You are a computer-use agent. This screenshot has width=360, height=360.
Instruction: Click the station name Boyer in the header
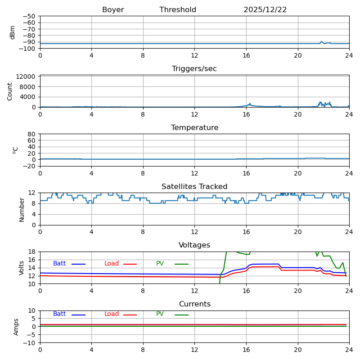pyautogui.click(x=113, y=10)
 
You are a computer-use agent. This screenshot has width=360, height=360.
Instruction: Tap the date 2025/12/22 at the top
pyautogui.click(x=265, y=10)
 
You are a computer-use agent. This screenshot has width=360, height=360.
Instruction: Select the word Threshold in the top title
pyautogui.click(x=178, y=10)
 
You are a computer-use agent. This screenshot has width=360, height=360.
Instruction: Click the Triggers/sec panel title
pyautogui.click(x=194, y=69)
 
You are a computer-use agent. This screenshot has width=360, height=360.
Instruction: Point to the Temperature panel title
pyautogui.click(x=194, y=128)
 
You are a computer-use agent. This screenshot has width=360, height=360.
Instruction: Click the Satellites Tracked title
pyautogui.click(x=194, y=187)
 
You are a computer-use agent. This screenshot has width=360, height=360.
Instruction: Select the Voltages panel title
pyautogui.click(x=194, y=245)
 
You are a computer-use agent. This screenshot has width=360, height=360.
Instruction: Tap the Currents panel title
pyautogui.click(x=194, y=304)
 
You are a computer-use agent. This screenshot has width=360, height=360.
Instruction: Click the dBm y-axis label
pyautogui.click(x=13, y=32)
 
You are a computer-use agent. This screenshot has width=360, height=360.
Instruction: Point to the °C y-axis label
pyautogui.click(x=15, y=150)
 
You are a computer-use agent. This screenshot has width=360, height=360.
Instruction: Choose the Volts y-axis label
pyautogui.click(x=22, y=268)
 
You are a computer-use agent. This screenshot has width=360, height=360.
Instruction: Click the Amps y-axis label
pyautogui.click(x=16, y=327)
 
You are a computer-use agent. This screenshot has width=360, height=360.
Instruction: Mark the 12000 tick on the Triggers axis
pyautogui.click(x=27, y=77)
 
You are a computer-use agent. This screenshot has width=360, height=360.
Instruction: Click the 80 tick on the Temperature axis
pyautogui.click(x=32, y=134)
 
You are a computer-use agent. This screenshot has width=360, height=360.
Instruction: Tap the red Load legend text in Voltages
pyautogui.click(x=112, y=264)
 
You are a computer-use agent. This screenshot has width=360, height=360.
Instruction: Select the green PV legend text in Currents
pyautogui.click(x=160, y=314)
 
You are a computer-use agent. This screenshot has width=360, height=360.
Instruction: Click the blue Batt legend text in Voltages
pyautogui.click(x=59, y=264)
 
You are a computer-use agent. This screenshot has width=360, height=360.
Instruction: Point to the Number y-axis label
pyautogui.click(x=22, y=209)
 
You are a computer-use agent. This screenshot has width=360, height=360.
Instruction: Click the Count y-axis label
pyautogui.click(x=10, y=91)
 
